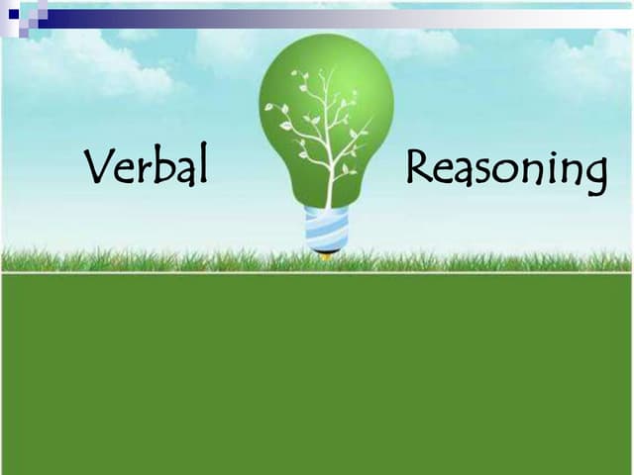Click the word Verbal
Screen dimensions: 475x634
point(147,167)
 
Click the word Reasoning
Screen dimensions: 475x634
point(505,170)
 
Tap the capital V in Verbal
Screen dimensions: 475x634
point(98,167)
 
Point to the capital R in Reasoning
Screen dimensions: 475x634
point(419,168)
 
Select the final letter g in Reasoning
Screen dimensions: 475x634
point(594,176)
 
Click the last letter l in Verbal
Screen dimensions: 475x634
point(202,165)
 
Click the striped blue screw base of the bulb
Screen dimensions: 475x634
point(326,230)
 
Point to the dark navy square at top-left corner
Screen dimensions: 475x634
point(13,13)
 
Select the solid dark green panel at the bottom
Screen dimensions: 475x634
point(317,376)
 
